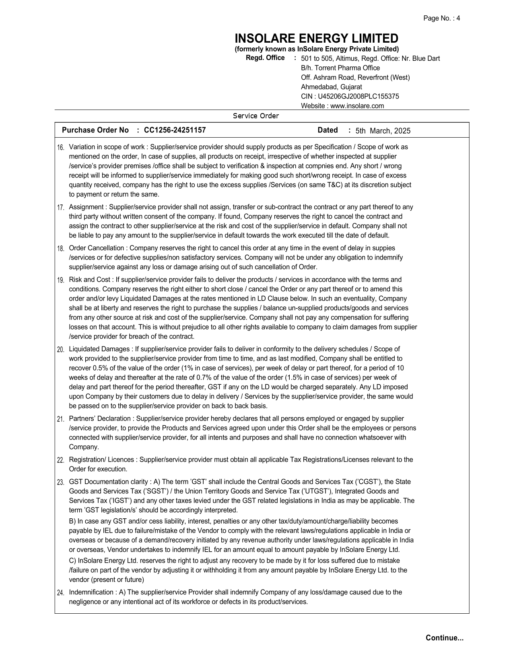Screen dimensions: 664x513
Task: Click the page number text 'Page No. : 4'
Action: point(441,18)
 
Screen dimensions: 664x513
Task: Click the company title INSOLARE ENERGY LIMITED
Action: point(316,39)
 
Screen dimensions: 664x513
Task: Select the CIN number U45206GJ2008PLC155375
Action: point(358,97)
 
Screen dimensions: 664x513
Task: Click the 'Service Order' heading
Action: point(256,116)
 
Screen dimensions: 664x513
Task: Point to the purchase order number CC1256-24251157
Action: point(175,130)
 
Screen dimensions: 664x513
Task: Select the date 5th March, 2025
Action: point(383,131)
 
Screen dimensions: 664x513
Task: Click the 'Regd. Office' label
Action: point(265,58)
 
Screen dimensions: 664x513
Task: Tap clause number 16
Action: point(60,148)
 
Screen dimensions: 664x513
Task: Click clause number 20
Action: point(60,350)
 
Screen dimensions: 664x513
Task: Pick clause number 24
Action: point(60,593)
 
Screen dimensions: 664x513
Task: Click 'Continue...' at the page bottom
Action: point(444,638)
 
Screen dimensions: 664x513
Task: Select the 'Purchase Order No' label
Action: point(95,130)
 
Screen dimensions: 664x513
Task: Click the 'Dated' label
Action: point(328,130)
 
